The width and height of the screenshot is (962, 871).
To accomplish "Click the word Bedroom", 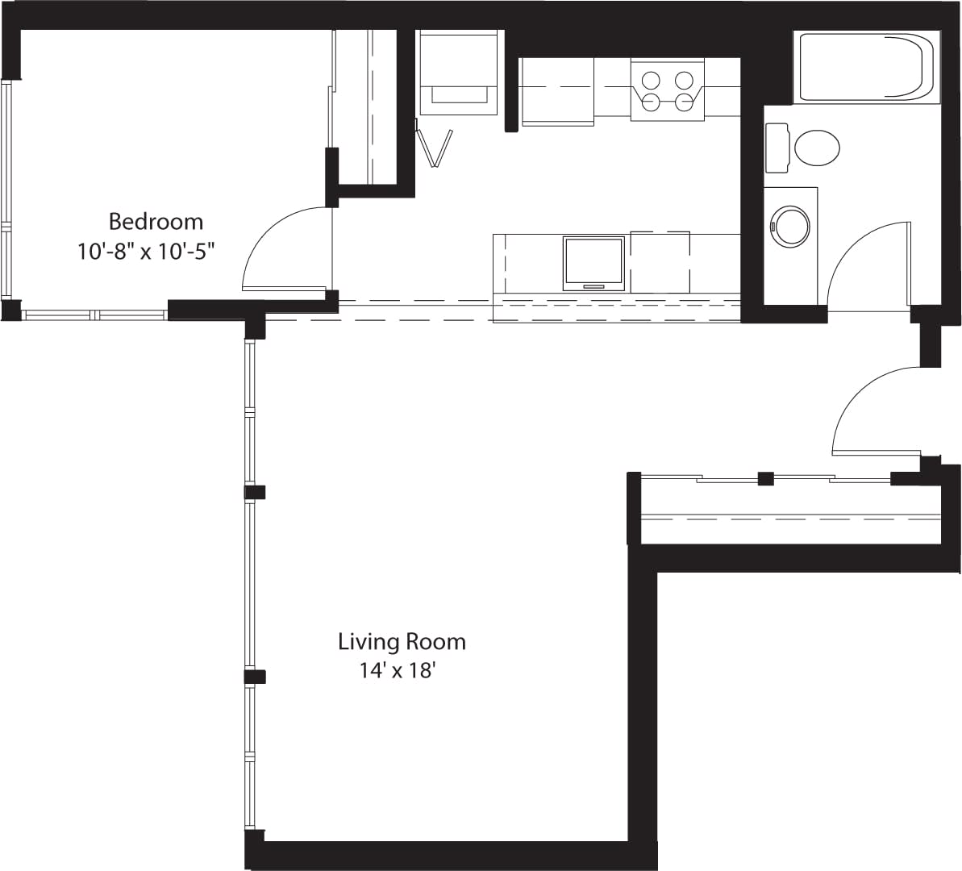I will (x=156, y=221).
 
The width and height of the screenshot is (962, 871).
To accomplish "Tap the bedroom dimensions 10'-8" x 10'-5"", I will (x=149, y=252).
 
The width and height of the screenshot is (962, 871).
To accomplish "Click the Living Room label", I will (x=402, y=642).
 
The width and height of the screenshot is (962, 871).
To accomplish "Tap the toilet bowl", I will (x=816, y=148).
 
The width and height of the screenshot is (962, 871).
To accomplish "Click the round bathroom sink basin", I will (x=790, y=227).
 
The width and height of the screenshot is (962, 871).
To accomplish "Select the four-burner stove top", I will (x=667, y=90).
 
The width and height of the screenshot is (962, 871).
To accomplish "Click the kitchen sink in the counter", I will (x=594, y=262).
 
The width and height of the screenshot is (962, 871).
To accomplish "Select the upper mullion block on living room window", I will (x=255, y=492).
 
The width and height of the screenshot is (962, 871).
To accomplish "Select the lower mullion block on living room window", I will (x=255, y=677).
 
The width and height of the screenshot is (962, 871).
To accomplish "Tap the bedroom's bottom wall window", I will (x=94, y=315).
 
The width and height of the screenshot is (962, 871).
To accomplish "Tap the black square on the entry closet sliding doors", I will (x=766, y=478).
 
